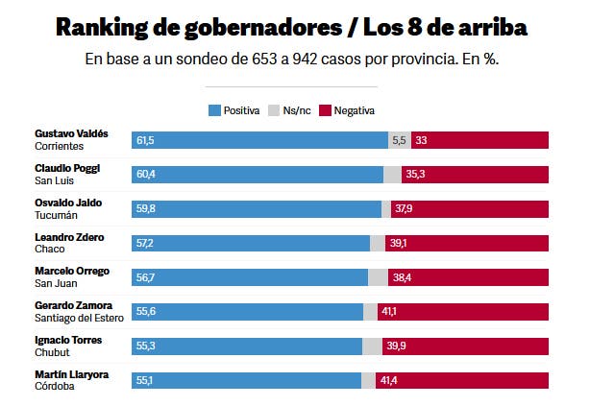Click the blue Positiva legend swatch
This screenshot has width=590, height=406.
tap(214, 110)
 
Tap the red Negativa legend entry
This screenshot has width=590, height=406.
tap(348, 110)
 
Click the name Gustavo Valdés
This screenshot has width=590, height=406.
tap(71, 132)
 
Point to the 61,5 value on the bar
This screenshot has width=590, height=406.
tap(145, 140)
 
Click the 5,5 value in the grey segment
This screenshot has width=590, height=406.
tap(400, 140)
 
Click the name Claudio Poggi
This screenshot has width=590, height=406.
tap(67, 167)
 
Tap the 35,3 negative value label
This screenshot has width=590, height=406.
tap(415, 175)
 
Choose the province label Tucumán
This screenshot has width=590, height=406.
tap(56, 215)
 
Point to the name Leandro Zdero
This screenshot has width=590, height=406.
tap(69, 236)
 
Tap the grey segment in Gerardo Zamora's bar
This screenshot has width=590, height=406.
tap(370, 311)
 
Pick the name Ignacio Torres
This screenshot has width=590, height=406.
tap(68, 340)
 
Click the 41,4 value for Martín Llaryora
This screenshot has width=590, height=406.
tap(389, 381)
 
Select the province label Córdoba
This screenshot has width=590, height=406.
tap(54, 387)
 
